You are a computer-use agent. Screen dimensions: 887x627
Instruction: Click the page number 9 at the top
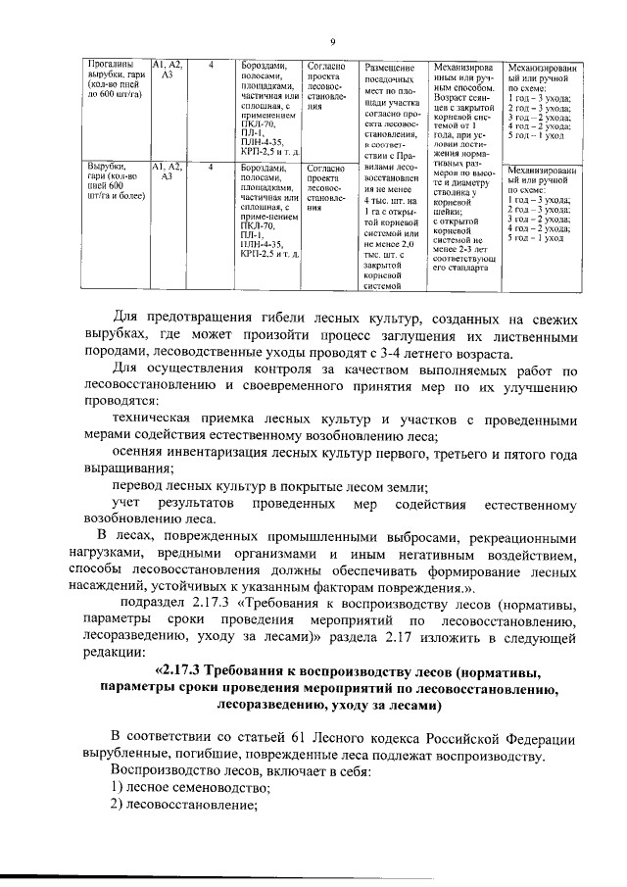[333, 41]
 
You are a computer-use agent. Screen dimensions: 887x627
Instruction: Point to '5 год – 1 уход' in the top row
[534, 135]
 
